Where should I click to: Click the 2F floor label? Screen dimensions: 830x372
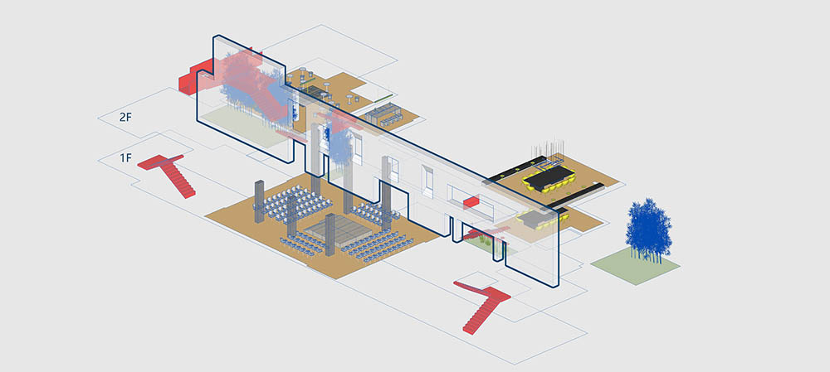[x=125, y=118]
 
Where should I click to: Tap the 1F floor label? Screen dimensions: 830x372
[x=125, y=157]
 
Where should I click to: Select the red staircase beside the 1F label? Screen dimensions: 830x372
[x=168, y=174]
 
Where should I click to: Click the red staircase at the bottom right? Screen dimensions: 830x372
[x=483, y=304]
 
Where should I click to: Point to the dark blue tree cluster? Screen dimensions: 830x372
[x=648, y=229]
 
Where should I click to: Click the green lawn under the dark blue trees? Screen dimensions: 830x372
[x=635, y=266]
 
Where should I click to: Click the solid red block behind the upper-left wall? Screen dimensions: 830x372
[x=194, y=77]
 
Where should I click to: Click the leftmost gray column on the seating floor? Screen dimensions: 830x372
[x=259, y=201]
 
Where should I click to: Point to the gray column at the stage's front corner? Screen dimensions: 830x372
[x=331, y=234]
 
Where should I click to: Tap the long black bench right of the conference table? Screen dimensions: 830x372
[x=577, y=195]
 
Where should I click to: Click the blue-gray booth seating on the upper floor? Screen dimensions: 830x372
[x=385, y=114]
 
